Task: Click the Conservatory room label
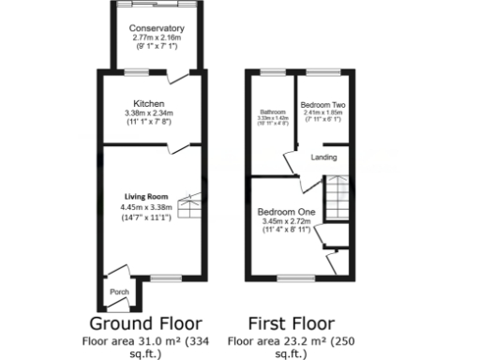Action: (157, 28)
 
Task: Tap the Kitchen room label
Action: (149, 102)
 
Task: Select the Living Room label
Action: (138, 197)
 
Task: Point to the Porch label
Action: (120, 292)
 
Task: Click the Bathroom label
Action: (272, 112)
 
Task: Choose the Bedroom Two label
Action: (322, 104)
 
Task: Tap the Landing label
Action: (324, 157)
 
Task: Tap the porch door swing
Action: (113, 274)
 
